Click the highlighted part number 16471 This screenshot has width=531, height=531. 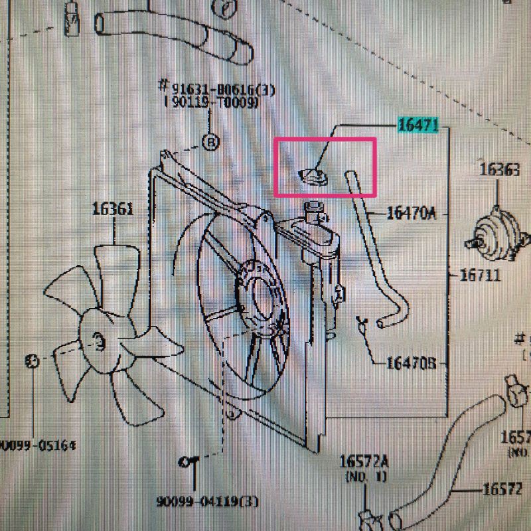pos(418,125)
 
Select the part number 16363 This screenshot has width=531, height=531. pos(500,170)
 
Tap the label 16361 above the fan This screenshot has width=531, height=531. pos(113,210)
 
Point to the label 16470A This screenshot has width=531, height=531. pos(411,214)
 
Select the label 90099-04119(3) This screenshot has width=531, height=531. pos(208,501)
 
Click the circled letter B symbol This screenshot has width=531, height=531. pos(210,142)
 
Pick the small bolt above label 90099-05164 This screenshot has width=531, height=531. pos(31,361)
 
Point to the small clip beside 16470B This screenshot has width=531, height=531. pos(362,325)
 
